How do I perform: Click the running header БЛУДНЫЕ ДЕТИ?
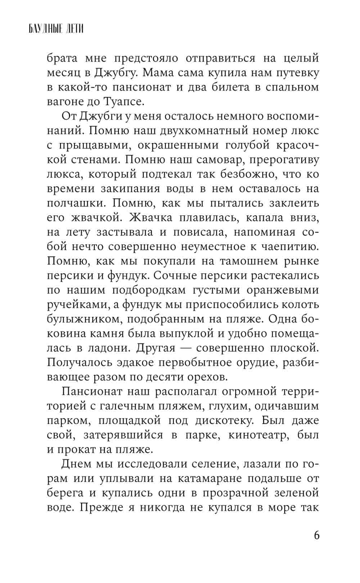click(x=56, y=28)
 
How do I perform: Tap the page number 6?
click(x=316, y=535)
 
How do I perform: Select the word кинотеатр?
click(x=259, y=435)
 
